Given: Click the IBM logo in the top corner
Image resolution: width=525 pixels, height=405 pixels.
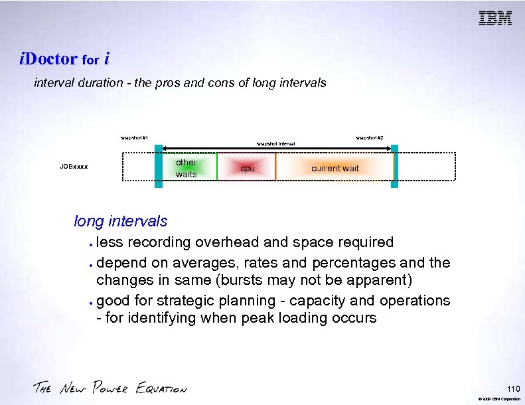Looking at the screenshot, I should point(495,19).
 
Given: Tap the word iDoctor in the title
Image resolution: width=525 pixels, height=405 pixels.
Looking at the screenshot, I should point(48,59).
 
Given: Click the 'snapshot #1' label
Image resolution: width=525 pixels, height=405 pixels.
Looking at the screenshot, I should point(134,138).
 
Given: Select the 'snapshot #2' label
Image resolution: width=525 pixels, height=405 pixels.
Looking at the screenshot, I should point(369,137).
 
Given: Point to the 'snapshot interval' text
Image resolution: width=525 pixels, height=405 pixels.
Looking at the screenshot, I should point(275,144).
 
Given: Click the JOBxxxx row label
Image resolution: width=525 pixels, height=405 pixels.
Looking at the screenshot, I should point(74,167).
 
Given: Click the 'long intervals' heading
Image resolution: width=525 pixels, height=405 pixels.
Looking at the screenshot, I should point(120,221).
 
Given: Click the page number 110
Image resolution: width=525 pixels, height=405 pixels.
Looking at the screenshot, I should point(512,388).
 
